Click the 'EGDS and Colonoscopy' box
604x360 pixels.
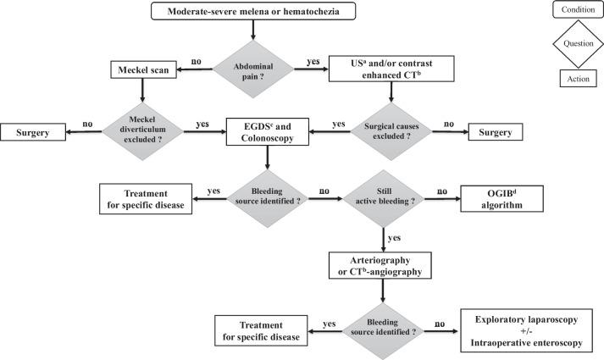click(267, 133)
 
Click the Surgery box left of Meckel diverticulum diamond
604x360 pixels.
click(36, 133)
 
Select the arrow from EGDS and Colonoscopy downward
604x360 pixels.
click(267, 159)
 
